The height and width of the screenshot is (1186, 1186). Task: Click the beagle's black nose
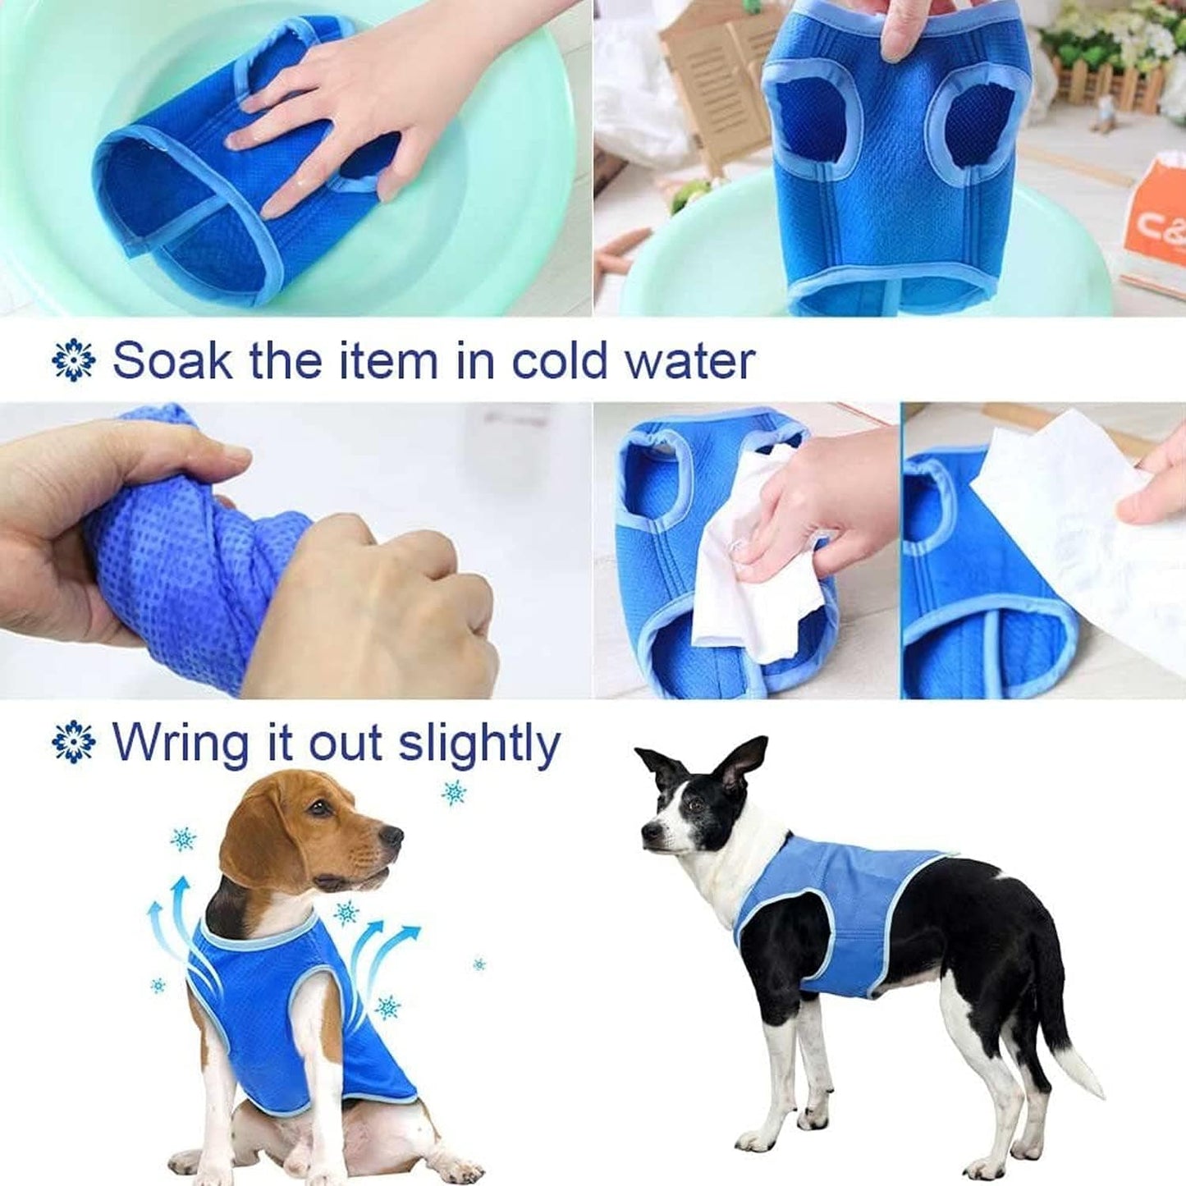392,836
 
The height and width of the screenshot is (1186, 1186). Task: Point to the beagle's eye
318,807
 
